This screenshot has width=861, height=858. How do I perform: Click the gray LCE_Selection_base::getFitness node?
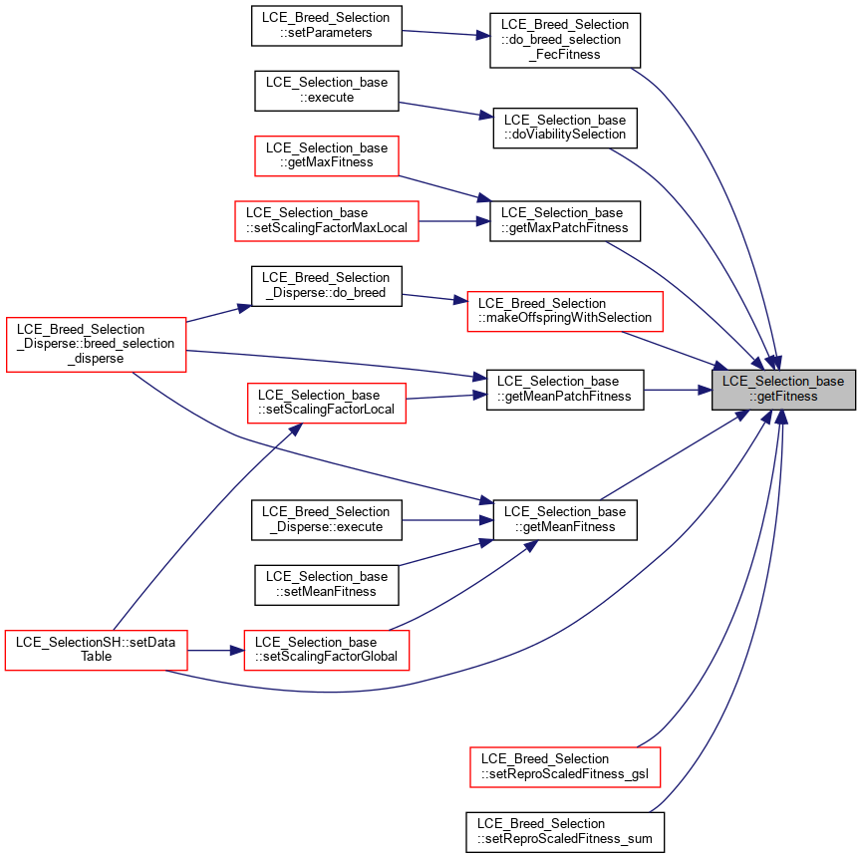(x=783, y=390)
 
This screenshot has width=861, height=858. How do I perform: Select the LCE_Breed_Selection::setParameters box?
(x=327, y=26)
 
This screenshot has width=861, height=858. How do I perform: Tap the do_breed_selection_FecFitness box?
(x=565, y=41)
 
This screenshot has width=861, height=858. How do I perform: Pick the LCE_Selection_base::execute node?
(x=327, y=91)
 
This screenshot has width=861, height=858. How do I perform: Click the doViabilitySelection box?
(x=565, y=128)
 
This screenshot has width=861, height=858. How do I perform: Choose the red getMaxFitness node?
(x=327, y=155)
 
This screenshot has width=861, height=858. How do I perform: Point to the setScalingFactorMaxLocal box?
(x=327, y=220)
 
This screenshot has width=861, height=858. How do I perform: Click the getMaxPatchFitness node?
(x=565, y=220)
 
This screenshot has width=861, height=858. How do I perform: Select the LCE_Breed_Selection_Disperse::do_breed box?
(x=327, y=286)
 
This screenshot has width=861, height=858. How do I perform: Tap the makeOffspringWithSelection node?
(x=565, y=311)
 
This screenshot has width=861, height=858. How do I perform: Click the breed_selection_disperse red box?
(x=96, y=344)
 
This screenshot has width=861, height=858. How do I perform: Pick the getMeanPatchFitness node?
(x=565, y=390)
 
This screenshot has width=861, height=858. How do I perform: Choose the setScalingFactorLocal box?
(x=327, y=403)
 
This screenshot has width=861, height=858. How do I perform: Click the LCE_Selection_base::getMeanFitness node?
(x=565, y=520)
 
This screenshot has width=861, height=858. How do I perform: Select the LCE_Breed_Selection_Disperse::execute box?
(x=327, y=520)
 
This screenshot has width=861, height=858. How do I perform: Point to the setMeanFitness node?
(x=327, y=585)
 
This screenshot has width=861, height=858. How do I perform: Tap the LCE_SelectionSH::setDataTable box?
(x=96, y=650)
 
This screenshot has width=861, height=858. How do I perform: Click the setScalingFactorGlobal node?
(x=327, y=650)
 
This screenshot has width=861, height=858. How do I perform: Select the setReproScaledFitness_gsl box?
(x=565, y=767)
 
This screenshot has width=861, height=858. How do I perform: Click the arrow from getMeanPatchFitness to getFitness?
(x=678, y=391)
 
